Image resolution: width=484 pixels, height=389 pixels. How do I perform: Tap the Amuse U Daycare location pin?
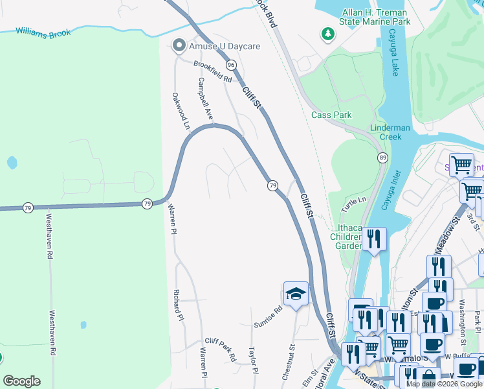click(179, 45)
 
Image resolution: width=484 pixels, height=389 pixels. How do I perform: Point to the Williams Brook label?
click(43, 32)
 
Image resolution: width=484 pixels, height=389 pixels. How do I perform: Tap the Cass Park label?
click(331, 115)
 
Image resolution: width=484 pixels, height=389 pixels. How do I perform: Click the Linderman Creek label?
click(390, 132)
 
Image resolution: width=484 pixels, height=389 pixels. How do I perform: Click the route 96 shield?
click(231, 65)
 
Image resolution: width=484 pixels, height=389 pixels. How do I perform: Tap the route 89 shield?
click(382, 158)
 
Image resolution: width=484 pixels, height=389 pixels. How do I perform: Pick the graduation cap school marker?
click(295, 294)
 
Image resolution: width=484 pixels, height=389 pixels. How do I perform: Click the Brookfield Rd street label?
click(212, 71)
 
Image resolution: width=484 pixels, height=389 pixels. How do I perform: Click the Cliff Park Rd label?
click(221, 348)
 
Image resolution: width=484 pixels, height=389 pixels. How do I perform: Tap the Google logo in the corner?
click(22, 381)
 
